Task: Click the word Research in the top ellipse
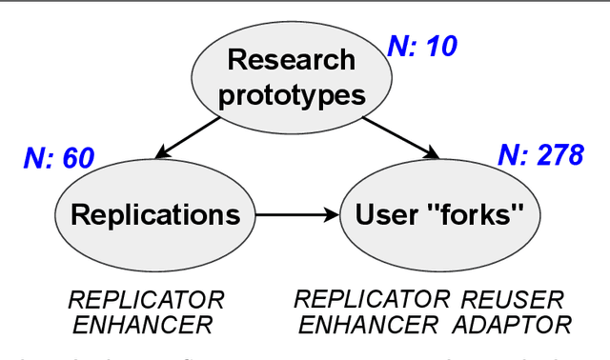(x=292, y=62)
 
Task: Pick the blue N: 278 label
(x=539, y=156)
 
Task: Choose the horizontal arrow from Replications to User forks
(x=295, y=214)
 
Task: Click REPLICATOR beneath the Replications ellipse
(x=146, y=300)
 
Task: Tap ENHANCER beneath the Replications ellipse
(x=143, y=325)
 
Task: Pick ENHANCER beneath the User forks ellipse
(x=367, y=325)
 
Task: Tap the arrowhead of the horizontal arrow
(x=333, y=214)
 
